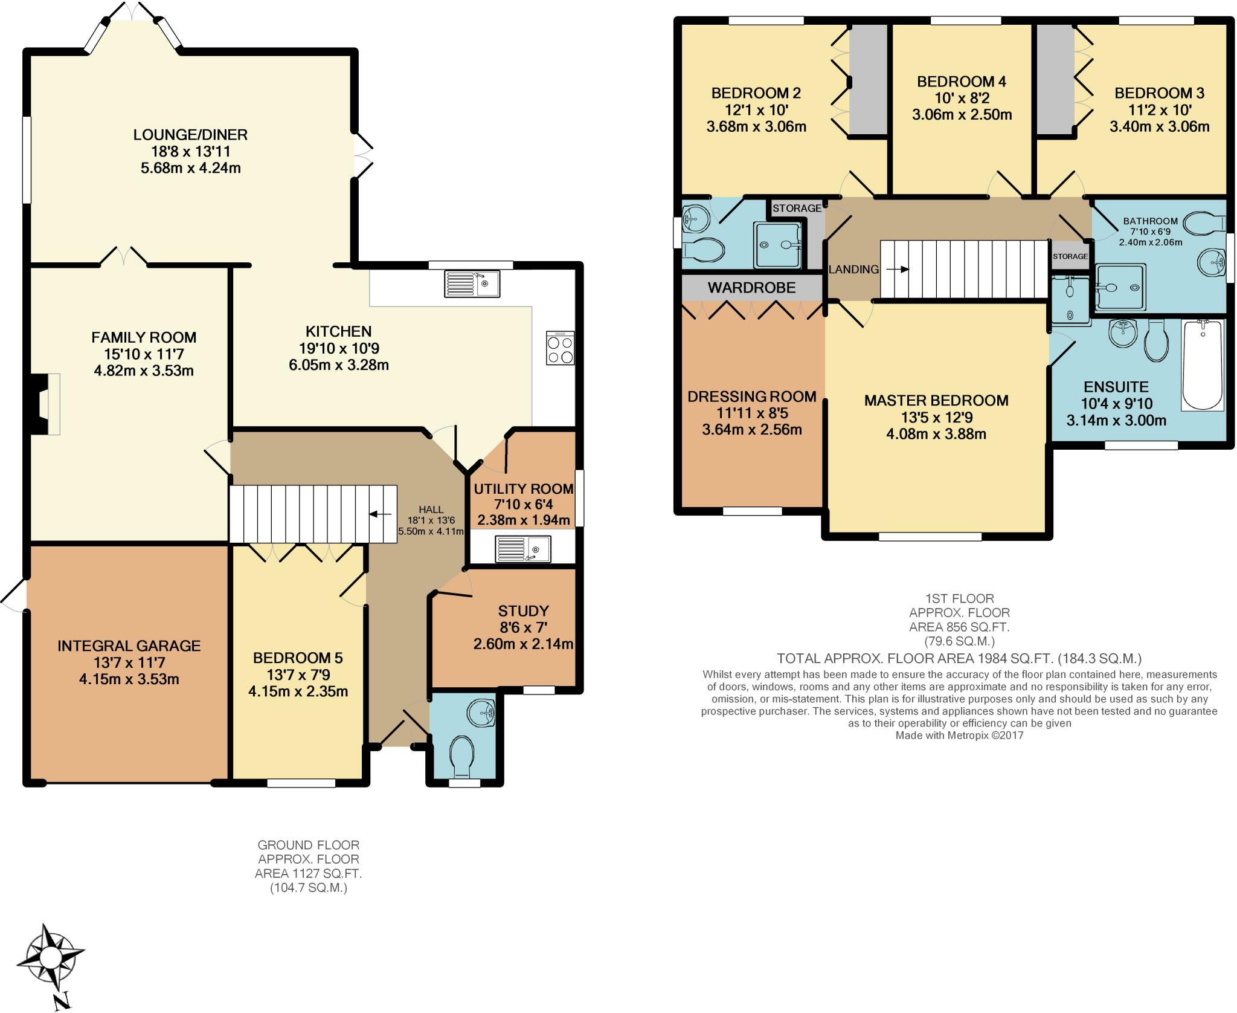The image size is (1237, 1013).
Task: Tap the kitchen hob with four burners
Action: [560, 348]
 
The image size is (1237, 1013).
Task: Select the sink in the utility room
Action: [522, 549]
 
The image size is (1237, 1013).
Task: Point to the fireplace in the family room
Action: [46, 404]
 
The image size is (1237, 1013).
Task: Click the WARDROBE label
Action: [751, 288]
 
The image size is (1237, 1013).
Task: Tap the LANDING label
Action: [853, 269]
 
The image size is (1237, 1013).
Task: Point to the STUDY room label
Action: [523, 610]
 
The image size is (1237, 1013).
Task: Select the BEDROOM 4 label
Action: [962, 81]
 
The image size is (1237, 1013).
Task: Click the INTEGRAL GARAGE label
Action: [129, 646]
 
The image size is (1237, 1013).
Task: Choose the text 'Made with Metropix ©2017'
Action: [959, 736]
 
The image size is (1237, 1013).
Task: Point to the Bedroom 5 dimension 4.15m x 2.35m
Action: [298, 691]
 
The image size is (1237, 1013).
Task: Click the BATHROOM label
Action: [1151, 221]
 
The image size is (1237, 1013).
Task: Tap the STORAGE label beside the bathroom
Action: [1070, 256]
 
